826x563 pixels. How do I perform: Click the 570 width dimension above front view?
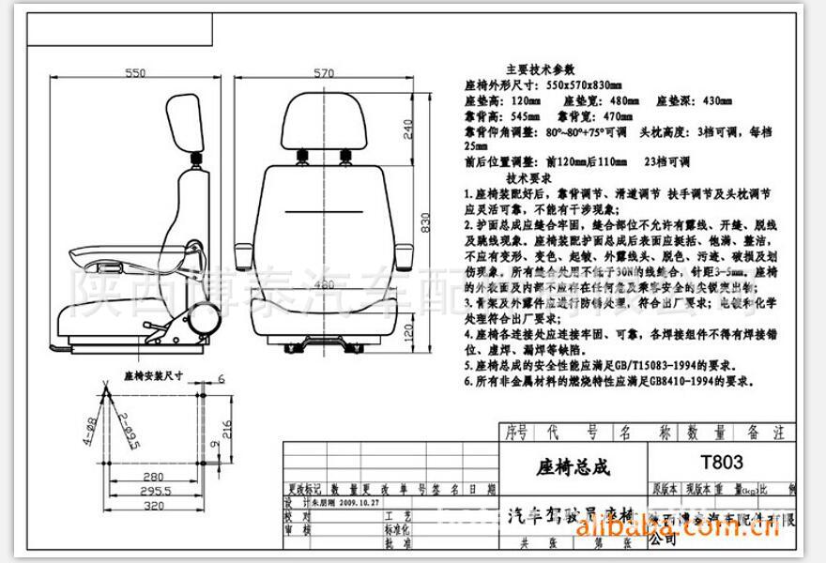(325, 72)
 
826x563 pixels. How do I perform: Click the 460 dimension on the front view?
(323, 283)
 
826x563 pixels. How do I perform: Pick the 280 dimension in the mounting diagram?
(155, 476)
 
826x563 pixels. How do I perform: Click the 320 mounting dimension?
(155, 505)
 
